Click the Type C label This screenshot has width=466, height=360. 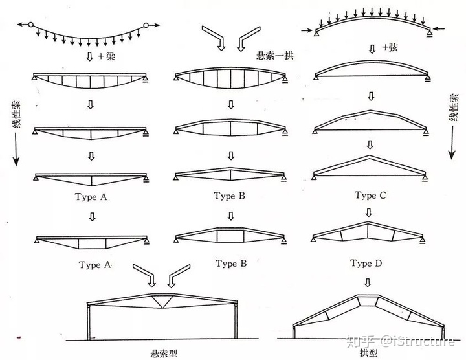(x=370, y=196)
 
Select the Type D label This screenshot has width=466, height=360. (x=366, y=263)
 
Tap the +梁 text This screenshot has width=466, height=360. (x=106, y=56)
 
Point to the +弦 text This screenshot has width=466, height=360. (x=390, y=47)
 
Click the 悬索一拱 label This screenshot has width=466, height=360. (x=275, y=56)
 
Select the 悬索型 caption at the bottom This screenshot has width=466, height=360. (x=164, y=354)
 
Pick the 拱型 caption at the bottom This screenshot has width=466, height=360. (x=369, y=353)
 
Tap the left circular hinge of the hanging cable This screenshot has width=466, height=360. (x=31, y=25)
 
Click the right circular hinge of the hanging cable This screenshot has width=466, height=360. (x=146, y=25)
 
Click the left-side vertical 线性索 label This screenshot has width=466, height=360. (x=17, y=115)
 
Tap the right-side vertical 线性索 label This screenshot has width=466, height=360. (x=454, y=107)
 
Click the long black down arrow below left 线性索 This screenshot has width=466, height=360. (x=16, y=150)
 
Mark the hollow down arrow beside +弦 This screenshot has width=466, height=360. (x=372, y=49)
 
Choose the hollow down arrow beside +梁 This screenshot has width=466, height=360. (x=90, y=56)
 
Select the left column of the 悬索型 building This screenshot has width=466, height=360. (x=88, y=322)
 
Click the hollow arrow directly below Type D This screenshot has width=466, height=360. (x=368, y=282)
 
